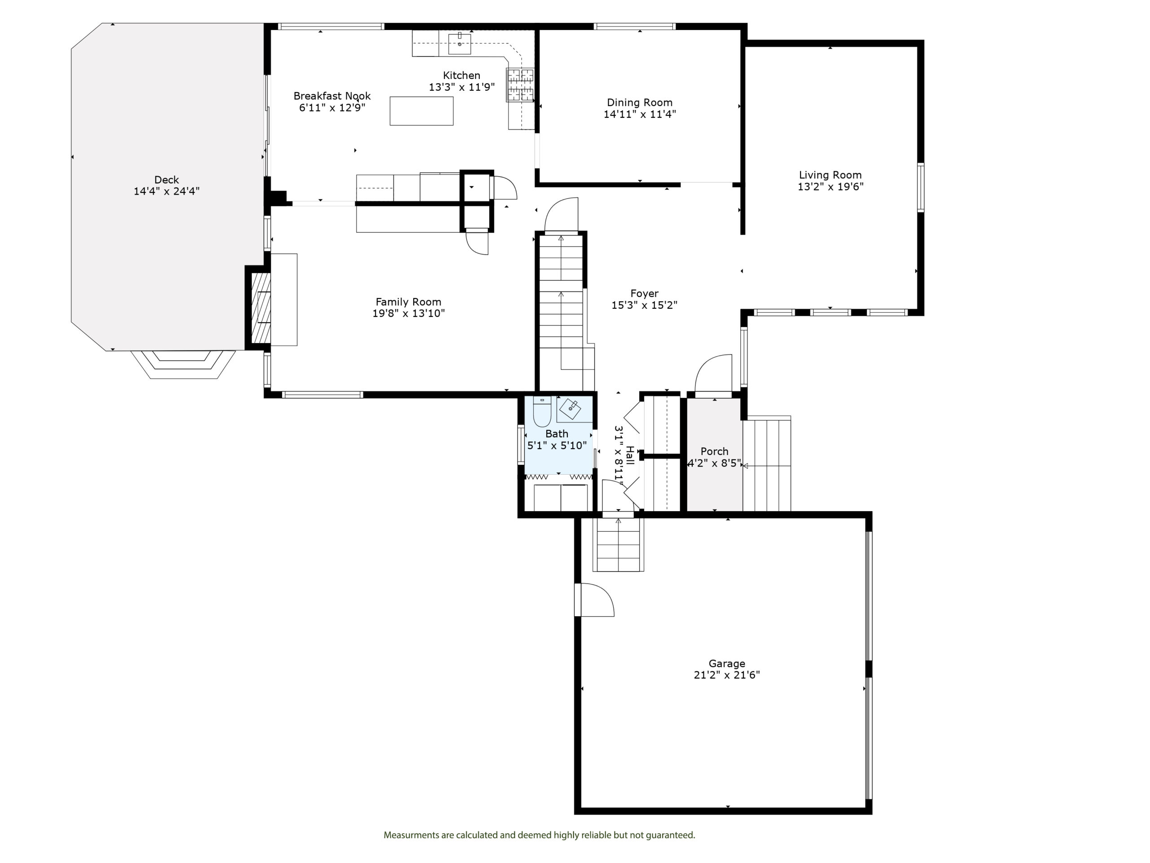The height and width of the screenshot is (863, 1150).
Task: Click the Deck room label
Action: [x=166, y=180]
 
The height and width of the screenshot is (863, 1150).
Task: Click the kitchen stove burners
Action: [x=520, y=84]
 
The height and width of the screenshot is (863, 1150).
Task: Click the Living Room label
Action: [x=830, y=175]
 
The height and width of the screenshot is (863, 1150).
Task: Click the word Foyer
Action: [x=644, y=294]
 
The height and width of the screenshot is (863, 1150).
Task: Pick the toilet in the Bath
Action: [x=542, y=412]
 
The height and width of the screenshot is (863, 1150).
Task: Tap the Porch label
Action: [x=714, y=452]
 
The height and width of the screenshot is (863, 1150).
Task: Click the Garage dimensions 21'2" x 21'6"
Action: [x=727, y=675]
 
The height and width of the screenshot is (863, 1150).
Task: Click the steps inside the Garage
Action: [x=618, y=545]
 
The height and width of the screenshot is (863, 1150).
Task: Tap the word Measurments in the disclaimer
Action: [x=411, y=835]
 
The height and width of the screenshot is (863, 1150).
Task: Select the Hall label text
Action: [x=630, y=455]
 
